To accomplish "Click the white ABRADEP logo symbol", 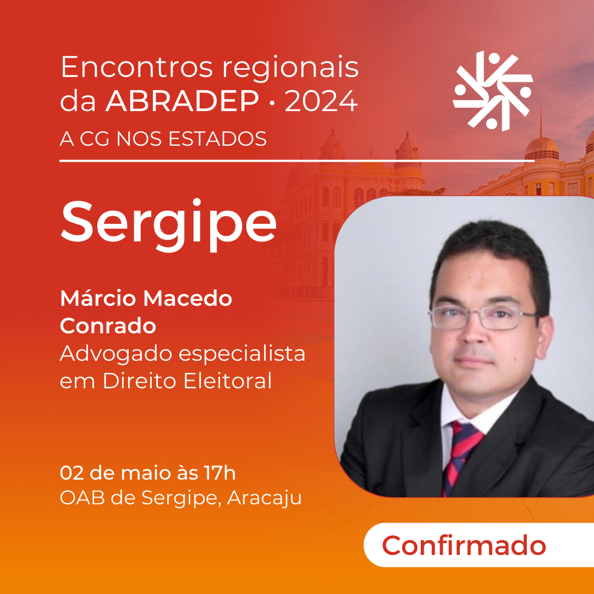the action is [493, 91].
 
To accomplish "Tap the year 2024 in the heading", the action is [321, 101].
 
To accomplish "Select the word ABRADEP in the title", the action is [182, 101].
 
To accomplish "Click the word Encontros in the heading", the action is [137, 68].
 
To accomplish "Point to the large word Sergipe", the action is [168, 225].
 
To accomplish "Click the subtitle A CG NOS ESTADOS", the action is [163, 139].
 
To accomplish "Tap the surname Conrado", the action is [108, 326].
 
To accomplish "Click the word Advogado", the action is [116, 355].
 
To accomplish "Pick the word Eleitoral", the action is [228, 381].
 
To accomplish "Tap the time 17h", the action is [219, 473].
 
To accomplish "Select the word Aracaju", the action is [264, 498].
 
